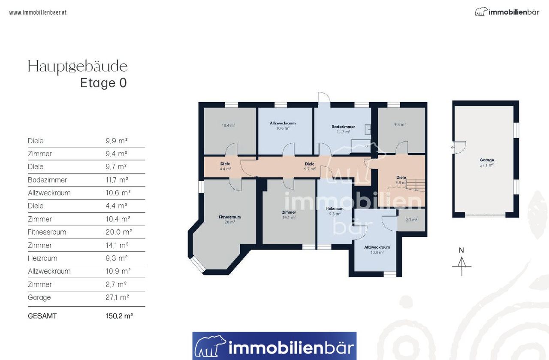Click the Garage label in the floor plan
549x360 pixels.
[x=487, y=160]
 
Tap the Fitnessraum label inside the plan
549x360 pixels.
[x=229, y=217]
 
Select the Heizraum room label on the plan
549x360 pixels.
[x=335, y=209]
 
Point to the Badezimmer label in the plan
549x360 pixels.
[x=343, y=127]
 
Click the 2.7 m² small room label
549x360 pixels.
[x=411, y=220]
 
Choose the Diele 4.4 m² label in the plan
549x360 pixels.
[x=225, y=166]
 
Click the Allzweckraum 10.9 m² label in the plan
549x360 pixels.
[x=377, y=250]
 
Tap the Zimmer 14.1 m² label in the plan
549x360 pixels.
[x=289, y=215]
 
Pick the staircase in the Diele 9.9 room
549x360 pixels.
[x=416, y=185]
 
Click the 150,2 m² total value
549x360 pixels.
[x=119, y=316]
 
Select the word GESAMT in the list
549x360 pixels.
[x=42, y=316]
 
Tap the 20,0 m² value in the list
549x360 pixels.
[x=119, y=232]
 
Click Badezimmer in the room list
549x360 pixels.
[x=47, y=180]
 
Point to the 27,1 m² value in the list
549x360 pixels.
[x=117, y=297]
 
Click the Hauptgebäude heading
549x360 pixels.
[x=78, y=67]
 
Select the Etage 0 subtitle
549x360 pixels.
[x=103, y=83]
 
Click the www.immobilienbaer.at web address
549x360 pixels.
[x=38, y=12]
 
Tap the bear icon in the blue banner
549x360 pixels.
[x=210, y=346]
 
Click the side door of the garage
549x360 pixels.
[x=459, y=148]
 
